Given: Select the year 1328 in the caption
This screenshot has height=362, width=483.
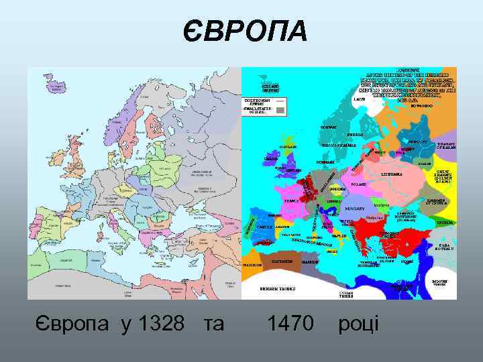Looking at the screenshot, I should coord(161,324).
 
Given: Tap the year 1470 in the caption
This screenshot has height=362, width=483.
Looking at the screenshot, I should coord(290,324).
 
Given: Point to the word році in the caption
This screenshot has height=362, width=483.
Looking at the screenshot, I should coord(359,324).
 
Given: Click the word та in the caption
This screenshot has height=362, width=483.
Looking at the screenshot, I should coord(213,324).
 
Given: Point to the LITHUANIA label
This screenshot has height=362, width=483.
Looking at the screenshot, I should coord(391,173).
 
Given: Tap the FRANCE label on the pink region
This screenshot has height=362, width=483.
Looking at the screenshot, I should coord(292,200).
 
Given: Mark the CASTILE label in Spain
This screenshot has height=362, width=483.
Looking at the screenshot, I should coord(264,227).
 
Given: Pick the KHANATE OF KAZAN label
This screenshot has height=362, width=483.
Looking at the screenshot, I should coord(445,145).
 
